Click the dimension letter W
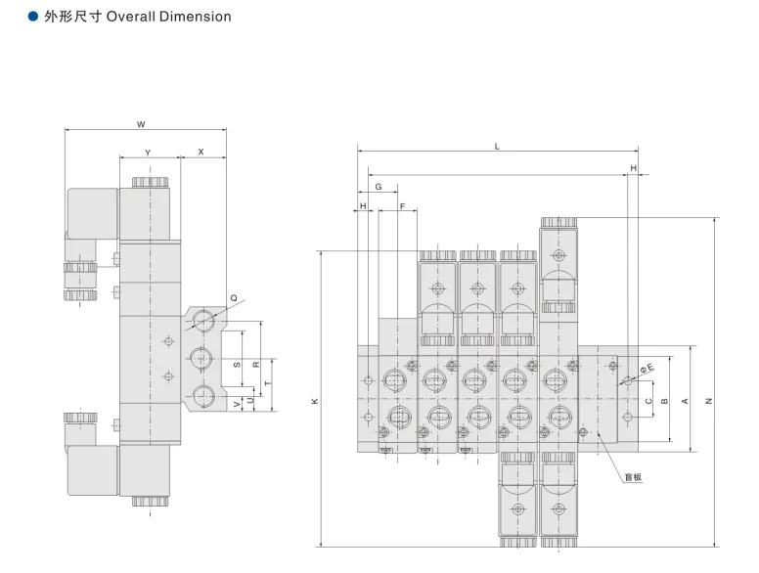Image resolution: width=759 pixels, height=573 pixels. point(141,124)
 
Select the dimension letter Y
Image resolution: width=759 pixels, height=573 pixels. point(148,153)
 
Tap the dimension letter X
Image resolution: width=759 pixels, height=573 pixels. point(201,152)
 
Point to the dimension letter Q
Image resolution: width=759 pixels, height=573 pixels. point(234,298)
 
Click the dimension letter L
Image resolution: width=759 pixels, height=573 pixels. point(497,146)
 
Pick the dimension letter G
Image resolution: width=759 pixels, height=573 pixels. point(379,187)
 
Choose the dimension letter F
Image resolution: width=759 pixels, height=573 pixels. point(402,206)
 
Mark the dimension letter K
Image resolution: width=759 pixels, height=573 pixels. point(315,401)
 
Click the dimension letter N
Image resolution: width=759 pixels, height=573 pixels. point(709,401)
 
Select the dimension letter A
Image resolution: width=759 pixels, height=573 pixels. point(685,401)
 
